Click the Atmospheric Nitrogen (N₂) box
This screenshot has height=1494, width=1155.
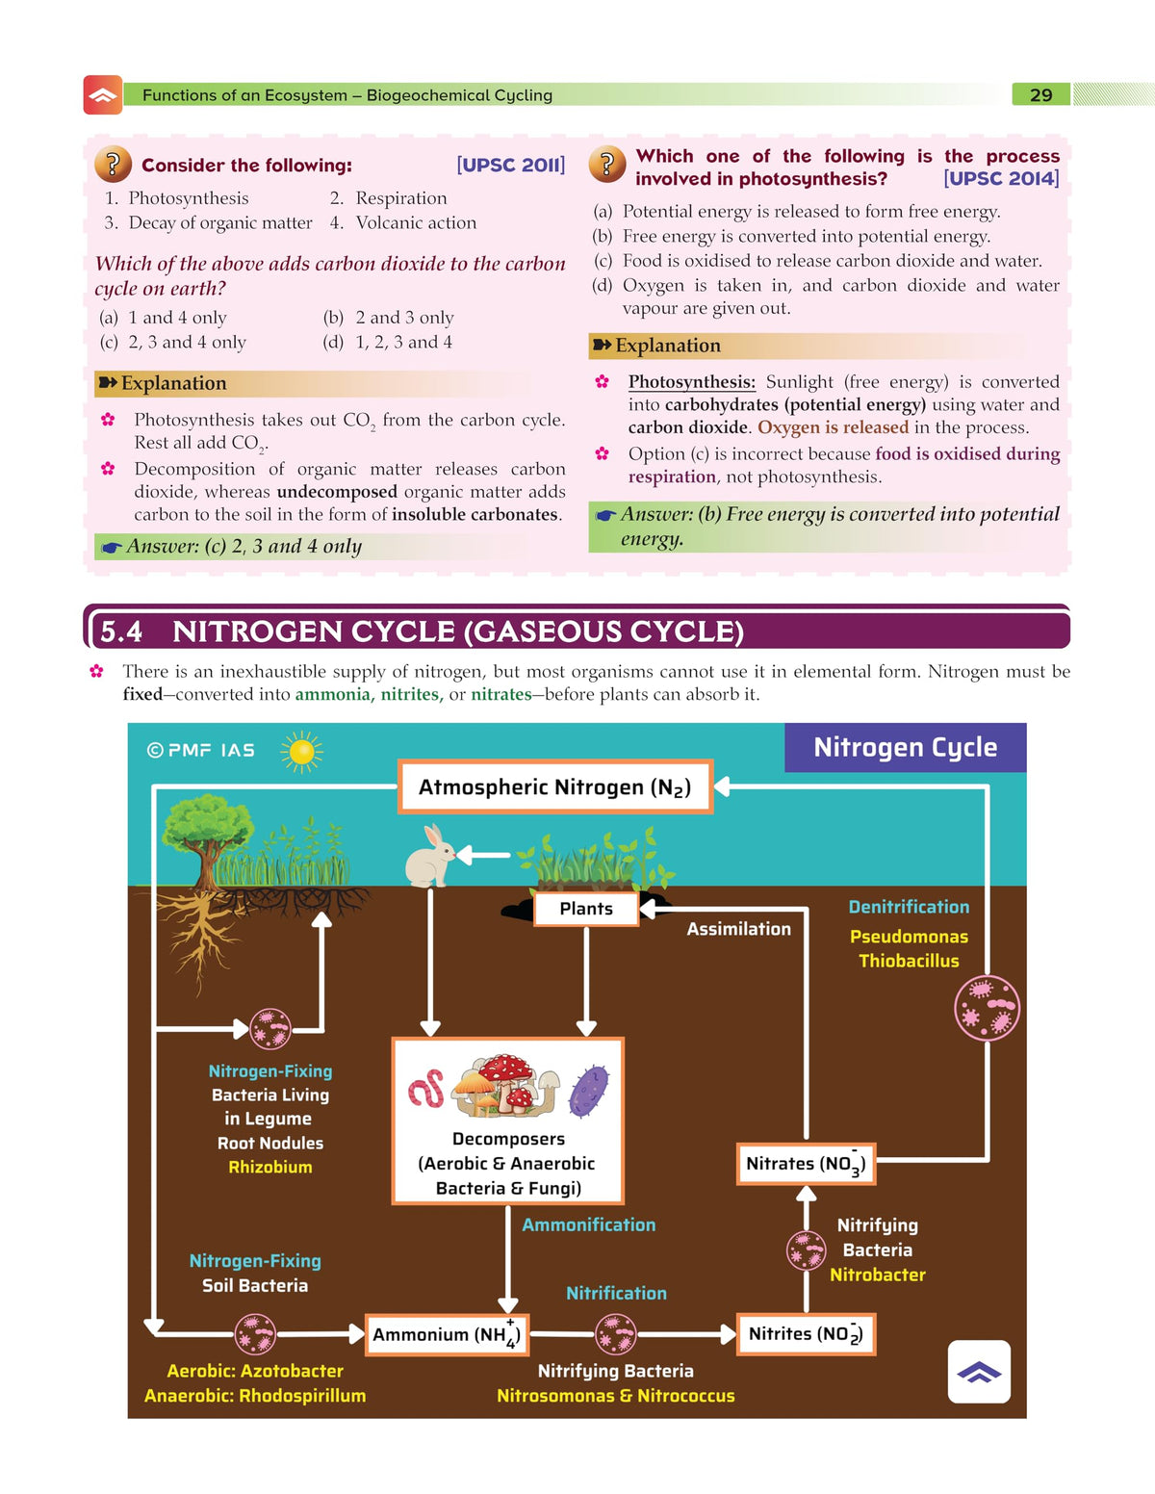click(x=555, y=786)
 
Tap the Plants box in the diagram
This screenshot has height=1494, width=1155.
click(x=586, y=908)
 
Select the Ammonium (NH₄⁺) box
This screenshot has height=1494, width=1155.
click(x=447, y=1334)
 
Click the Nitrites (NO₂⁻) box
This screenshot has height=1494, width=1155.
click(x=806, y=1334)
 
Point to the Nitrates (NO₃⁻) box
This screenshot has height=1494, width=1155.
click(x=806, y=1163)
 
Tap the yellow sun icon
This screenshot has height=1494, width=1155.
click(x=301, y=752)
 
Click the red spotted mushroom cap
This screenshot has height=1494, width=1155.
click(x=505, y=1068)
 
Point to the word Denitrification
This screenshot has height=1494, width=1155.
click(x=909, y=907)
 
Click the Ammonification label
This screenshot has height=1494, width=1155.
click(x=589, y=1224)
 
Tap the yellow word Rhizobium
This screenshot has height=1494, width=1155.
click(x=270, y=1167)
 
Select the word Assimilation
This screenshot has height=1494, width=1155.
click(x=738, y=929)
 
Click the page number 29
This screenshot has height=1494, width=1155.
click(x=1040, y=95)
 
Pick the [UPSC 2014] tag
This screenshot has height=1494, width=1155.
click(x=1001, y=179)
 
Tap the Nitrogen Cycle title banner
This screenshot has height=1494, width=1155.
click(x=906, y=747)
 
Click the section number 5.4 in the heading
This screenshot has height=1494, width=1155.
click(x=121, y=631)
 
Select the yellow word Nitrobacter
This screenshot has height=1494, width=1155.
click(x=878, y=1275)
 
